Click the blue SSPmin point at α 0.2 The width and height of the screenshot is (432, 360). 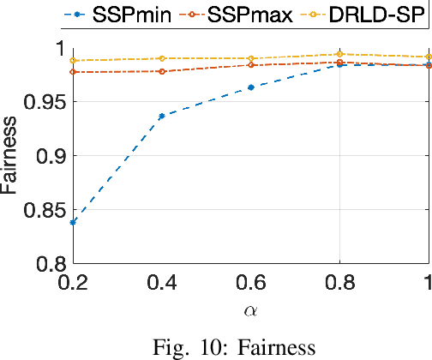click(x=73, y=222)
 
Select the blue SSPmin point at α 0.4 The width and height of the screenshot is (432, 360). click(x=162, y=115)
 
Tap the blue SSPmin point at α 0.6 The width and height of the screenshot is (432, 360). click(x=251, y=87)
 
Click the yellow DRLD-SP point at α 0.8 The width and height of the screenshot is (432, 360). click(x=340, y=54)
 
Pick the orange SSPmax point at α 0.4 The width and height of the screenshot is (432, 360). click(x=162, y=71)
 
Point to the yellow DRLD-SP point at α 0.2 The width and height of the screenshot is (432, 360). click(x=73, y=60)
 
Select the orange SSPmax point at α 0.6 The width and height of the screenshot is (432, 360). click(x=251, y=65)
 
